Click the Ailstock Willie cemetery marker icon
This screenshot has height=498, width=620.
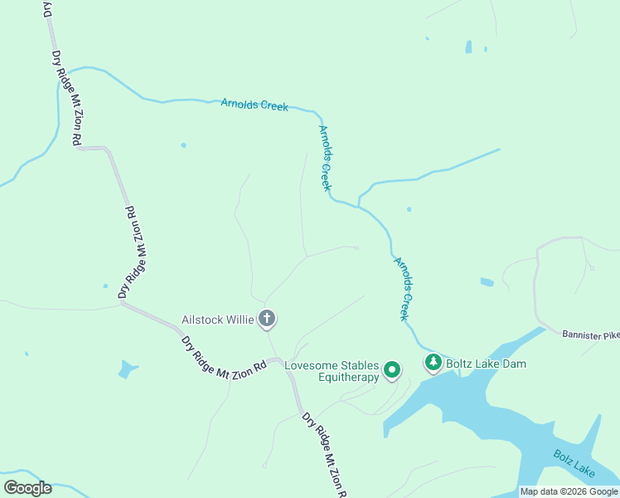pyautogui.click(x=267, y=318)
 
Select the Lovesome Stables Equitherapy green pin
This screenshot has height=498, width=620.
pyautogui.click(x=392, y=370)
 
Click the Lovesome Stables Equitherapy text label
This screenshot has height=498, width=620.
pyautogui.click(x=332, y=371)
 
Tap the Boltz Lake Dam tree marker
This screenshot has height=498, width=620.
pyautogui.click(x=433, y=363)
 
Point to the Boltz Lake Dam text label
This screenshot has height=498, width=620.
pyautogui.click(x=486, y=364)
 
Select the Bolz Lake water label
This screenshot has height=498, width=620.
pyautogui.click(x=574, y=463)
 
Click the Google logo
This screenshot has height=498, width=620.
pyautogui.click(x=27, y=487)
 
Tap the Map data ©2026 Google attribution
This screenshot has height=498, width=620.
pyautogui.click(x=569, y=491)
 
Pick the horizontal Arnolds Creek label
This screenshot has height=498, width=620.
pyautogui.click(x=254, y=105)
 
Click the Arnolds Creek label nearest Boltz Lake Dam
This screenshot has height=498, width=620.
pyautogui.click(x=402, y=289)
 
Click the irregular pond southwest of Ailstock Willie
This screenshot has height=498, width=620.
pyautogui.click(x=127, y=369)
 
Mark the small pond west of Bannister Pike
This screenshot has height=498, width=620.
pyautogui.click(x=487, y=282)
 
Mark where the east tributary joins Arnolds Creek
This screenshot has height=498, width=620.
pyautogui.click(x=358, y=204)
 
